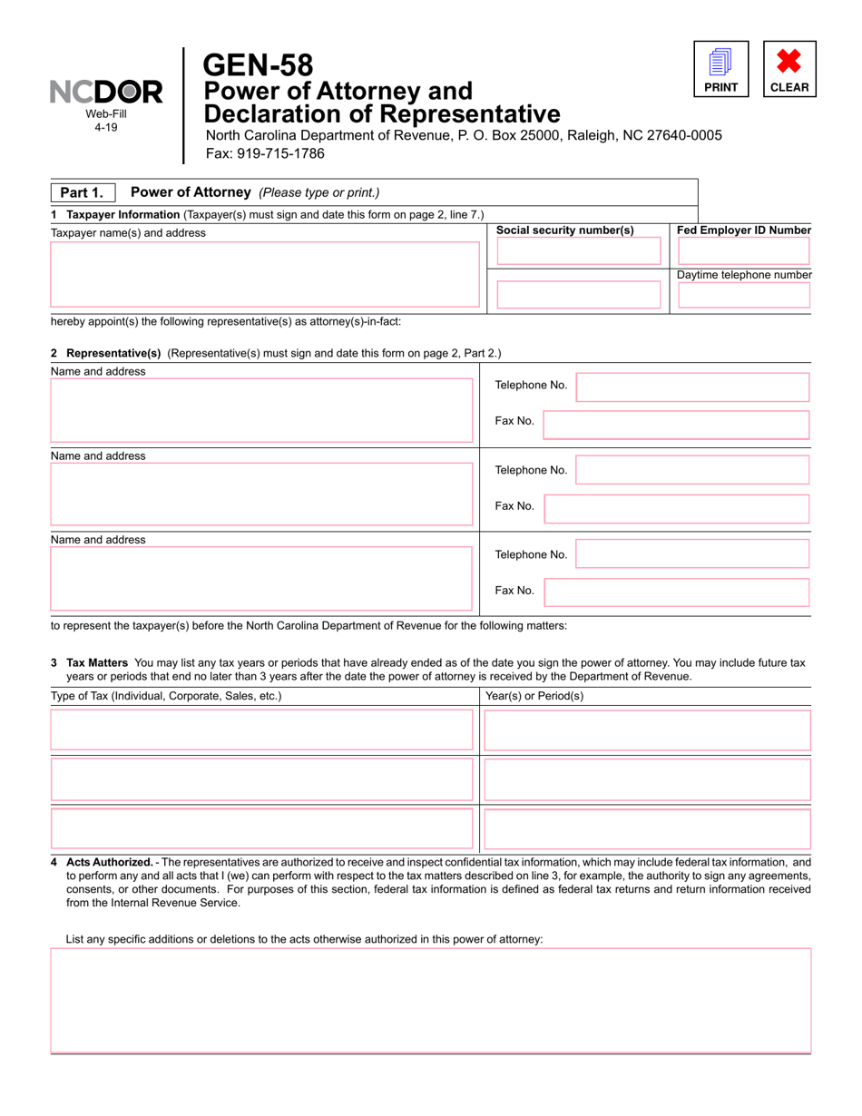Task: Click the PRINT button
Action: click(x=721, y=69)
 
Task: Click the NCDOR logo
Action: click(x=106, y=92)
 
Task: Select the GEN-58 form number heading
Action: click(x=258, y=64)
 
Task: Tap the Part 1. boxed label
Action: click(x=82, y=192)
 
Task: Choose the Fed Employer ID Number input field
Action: click(x=744, y=251)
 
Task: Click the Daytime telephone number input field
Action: click(x=744, y=295)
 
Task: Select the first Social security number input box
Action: click(x=579, y=251)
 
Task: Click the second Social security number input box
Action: click(x=579, y=295)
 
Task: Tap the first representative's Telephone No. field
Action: click(x=692, y=387)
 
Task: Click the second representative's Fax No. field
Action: click(x=676, y=509)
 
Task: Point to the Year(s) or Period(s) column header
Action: click(x=534, y=696)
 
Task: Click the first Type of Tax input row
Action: click(x=261, y=729)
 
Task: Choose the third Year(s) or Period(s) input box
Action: click(x=647, y=827)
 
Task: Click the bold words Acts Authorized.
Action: click(x=110, y=862)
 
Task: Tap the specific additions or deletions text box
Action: click(x=431, y=1000)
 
